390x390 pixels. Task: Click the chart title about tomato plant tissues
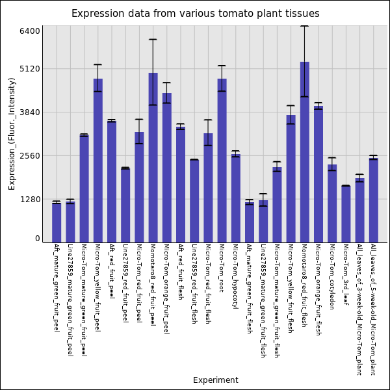(195, 14)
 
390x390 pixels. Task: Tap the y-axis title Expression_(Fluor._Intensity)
(12, 133)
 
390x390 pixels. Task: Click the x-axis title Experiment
(215, 380)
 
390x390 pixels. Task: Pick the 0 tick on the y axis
(38, 239)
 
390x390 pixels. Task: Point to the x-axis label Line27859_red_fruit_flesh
(194, 283)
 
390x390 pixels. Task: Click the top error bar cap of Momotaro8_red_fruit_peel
(153, 40)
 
